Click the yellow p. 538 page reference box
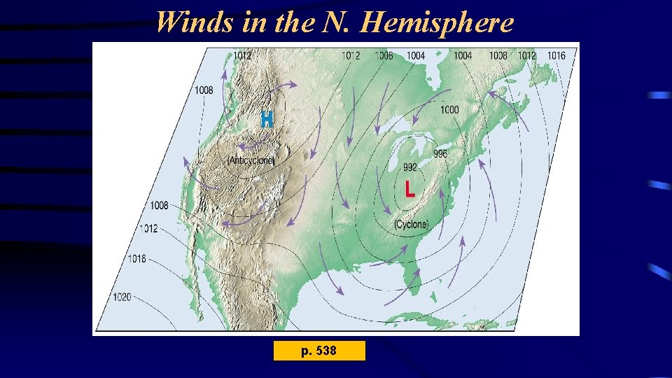click(319, 350)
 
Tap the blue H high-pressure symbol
click(267, 119)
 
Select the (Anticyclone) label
click(251, 160)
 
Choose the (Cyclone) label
click(412, 224)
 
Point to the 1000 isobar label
click(450, 110)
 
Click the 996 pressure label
click(440, 154)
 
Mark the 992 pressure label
click(410, 167)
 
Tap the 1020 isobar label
click(122, 297)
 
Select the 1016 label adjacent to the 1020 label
click(136, 258)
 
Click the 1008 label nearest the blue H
click(204, 90)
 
